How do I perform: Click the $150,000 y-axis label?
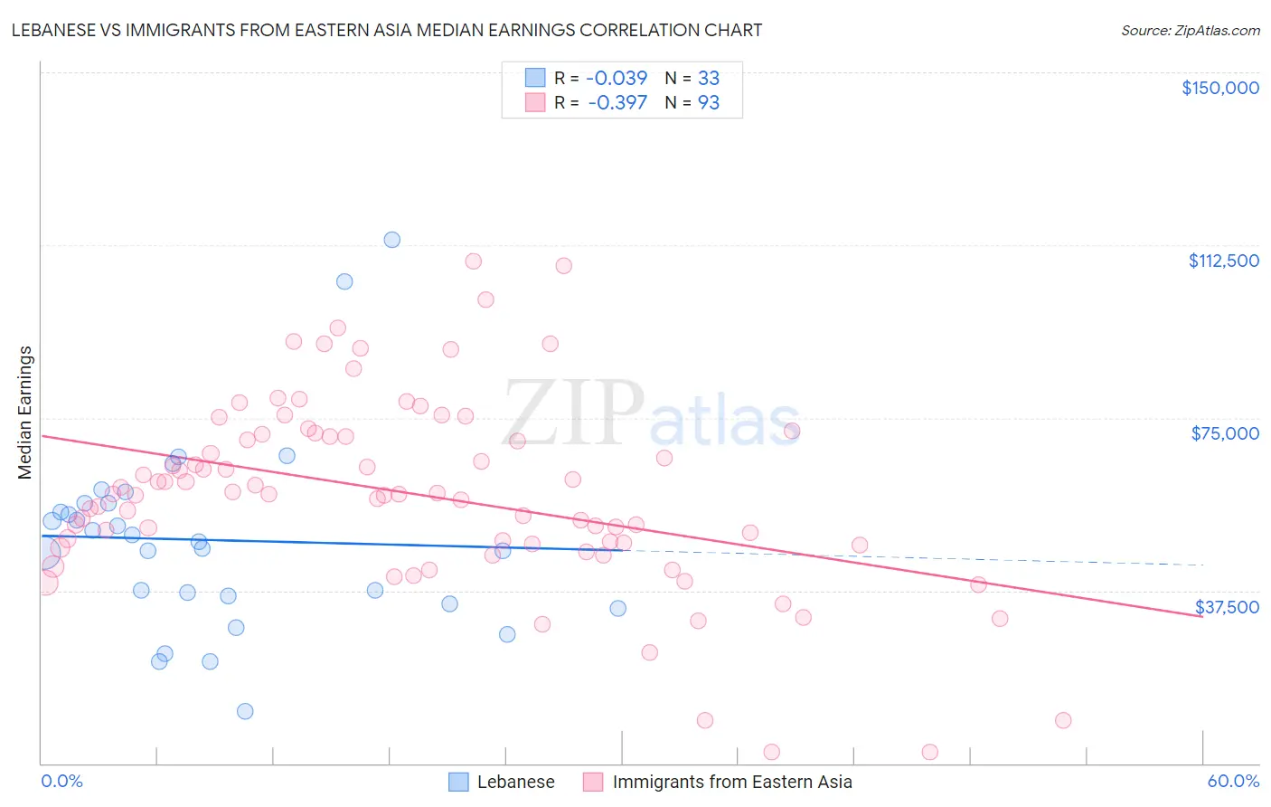(1219, 88)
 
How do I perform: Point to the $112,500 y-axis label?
(1223, 261)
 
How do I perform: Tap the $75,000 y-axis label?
(1225, 433)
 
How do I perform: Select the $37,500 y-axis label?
(1226, 607)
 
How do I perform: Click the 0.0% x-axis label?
(61, 781)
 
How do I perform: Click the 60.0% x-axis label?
(1233, 781)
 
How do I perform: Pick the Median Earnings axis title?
(24, 413)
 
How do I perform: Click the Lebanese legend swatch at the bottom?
(459, 782)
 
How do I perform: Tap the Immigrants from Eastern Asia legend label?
(732, 782)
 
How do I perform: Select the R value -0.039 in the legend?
(617, 79)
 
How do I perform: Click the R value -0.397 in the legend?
(617, 103)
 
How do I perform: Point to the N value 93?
(708, 103)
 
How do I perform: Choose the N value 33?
(708, 79)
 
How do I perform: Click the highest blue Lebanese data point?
(392, 240)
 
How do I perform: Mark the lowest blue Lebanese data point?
(245, 711)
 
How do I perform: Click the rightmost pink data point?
(1063, 720)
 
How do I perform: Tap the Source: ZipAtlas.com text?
(1190, 31)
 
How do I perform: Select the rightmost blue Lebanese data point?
(618, 608)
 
